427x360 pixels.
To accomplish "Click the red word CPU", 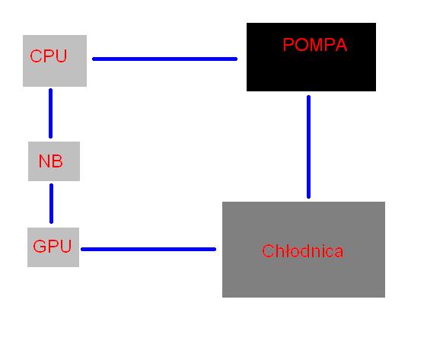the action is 49,56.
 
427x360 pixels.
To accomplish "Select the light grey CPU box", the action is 55,61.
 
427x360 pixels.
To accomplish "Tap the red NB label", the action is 51,161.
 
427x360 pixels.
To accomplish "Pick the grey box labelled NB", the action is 54,161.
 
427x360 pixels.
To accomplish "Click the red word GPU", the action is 52,246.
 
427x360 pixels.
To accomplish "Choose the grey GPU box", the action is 53,247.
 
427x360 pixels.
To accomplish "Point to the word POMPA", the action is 315,45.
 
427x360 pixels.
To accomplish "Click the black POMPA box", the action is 311,57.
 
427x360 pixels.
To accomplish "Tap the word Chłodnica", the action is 302,251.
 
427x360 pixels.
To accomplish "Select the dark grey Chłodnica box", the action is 304,250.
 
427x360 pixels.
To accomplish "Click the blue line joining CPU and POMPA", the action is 164,59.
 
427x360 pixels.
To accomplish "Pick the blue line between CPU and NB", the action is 51,113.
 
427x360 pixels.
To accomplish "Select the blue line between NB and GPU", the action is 52,203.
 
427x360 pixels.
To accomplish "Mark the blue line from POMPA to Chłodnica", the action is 308,147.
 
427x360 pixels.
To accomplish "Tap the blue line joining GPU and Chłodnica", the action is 148,249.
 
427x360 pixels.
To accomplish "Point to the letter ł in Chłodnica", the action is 283,251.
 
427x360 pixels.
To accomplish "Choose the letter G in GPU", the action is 39,246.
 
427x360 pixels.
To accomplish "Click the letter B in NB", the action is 57,161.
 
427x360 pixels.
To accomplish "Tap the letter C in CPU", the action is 36,56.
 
